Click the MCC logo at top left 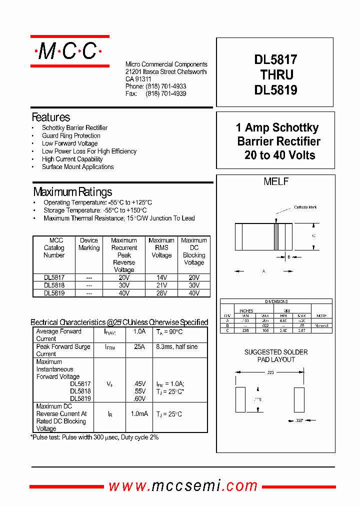tap(69, 51)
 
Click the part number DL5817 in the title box tap(275, 60)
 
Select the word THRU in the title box tap(276, 75)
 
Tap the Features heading tap(51, 117)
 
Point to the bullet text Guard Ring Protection tap(71, 135)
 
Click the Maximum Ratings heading tap(72, 192)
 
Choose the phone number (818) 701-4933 tap(166, 86)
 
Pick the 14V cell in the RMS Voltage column tap(161, 277)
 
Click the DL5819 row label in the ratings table tap(54, 293)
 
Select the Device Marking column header tap(89, 244)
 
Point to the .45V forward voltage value tap(139, 384)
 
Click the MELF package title tap(276, 182)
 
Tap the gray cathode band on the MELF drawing tap(275, 236)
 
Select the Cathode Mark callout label tap(305, 207)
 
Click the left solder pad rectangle tap(240, 399)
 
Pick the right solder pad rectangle tap(299, 399)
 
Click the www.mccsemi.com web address tap(183, 486)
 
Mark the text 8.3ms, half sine tap(176, 346)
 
